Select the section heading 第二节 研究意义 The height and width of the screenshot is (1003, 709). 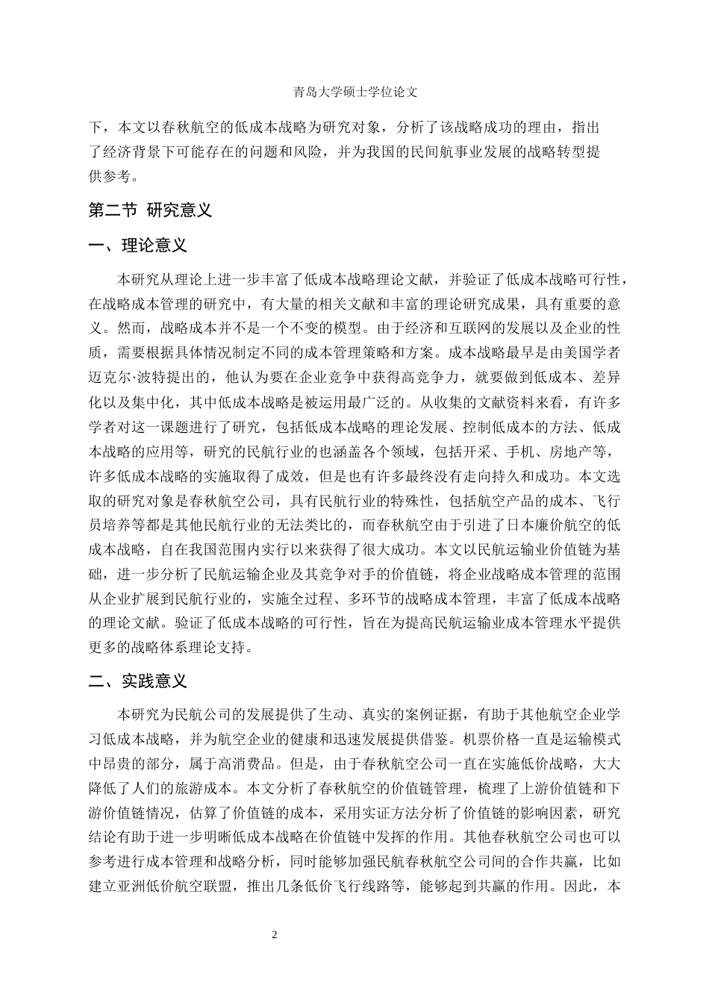[150, 210]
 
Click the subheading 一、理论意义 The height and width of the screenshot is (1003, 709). [137, 246]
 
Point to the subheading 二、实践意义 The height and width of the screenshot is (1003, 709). [137, 681]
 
